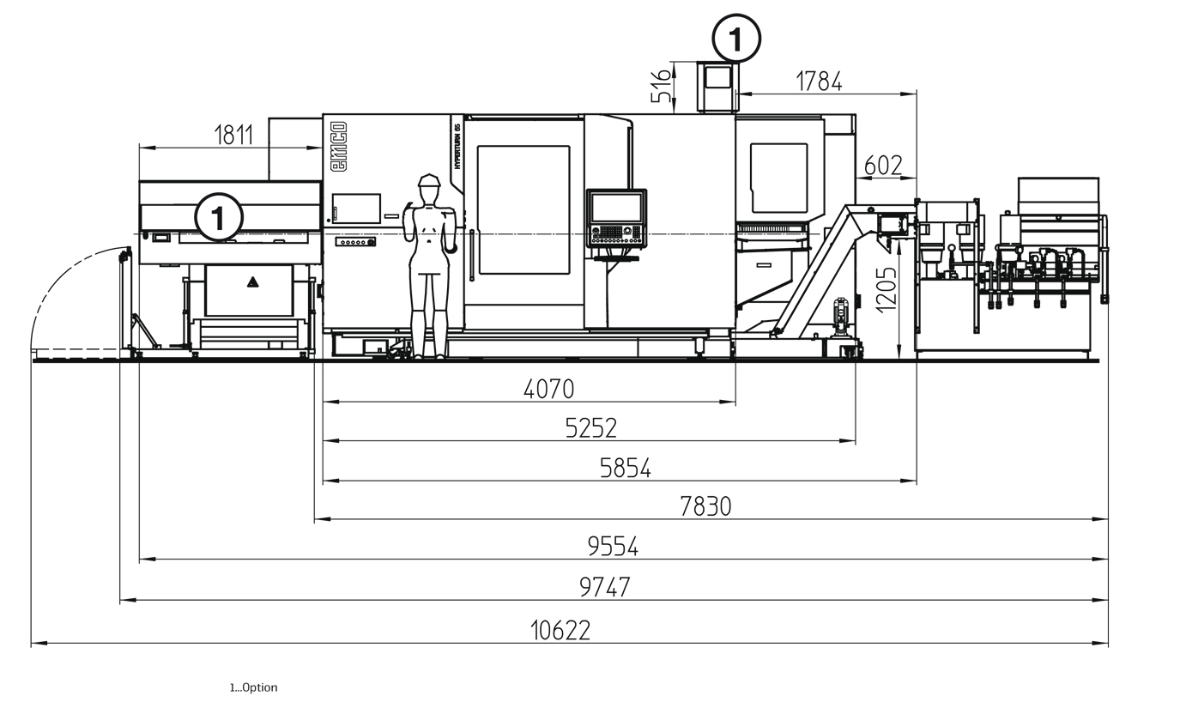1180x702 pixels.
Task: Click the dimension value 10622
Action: (x=560, y=631)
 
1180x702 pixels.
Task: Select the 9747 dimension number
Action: (x=604, y=587)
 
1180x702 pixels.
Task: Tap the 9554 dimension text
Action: (x=613, y=547)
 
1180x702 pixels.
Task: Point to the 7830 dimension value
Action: (x=705, y=506)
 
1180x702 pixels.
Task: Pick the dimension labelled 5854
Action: (x=626, y=469)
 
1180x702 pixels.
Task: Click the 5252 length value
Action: (x=590, y=428)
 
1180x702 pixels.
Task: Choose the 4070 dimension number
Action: (x=548, y=389)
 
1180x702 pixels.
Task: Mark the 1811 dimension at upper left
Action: (x=234, y=135)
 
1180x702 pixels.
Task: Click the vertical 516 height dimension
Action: (x=662, y=87)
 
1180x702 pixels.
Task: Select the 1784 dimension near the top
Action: (x=819, y=82)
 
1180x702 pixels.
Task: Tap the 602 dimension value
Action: (x=883, y=166)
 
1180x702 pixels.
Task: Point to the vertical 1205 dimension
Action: (x=886, y=290)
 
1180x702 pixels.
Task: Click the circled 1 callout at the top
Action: (x=736, y=39)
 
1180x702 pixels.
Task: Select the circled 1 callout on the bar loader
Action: (x=219, y=217)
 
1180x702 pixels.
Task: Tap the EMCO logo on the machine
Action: (x=338, y=146)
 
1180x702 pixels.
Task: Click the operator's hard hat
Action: (x=429, y=180)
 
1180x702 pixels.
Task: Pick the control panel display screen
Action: (x=617, y=207)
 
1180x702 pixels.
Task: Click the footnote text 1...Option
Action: (x=253, y=687)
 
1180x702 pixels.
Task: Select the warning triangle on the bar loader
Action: (x=253, y=282)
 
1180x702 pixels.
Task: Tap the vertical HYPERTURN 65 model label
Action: (x=457, y=146)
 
